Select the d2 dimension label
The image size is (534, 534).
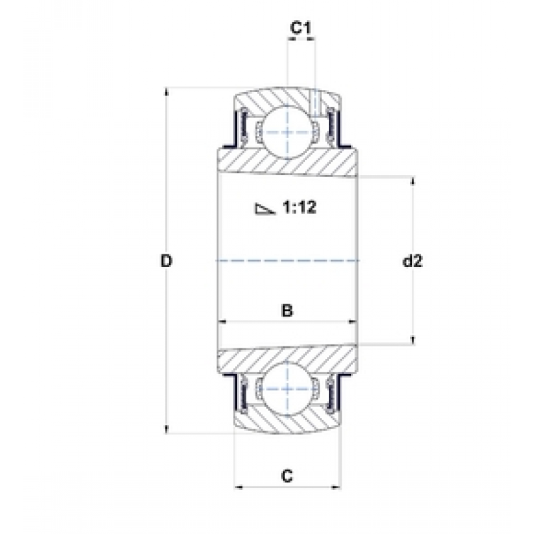[x=413, y=261]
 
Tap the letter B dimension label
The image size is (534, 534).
[x=286, y=310]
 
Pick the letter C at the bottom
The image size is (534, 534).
[x=286, y=476]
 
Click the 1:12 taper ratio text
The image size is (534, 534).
[x=299, y=208]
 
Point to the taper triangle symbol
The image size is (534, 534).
[x=264, y=209]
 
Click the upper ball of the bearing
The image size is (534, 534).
[x=286, y=129]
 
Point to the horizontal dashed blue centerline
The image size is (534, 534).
[x=287, y=260]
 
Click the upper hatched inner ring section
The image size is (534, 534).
[x=287, y=162]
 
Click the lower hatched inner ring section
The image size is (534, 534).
[x=287, y=358]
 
